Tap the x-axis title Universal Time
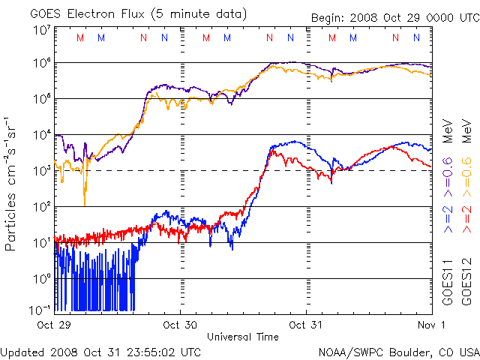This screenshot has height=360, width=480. click(243, 337)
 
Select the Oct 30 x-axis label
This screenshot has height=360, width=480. click(182, 325)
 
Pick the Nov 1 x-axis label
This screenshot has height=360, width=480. click(432, 325)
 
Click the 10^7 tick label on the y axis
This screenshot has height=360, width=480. click(41, 29)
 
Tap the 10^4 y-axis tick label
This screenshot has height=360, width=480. click(41, 135)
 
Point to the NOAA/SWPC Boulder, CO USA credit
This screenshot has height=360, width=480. click(398, 352)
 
